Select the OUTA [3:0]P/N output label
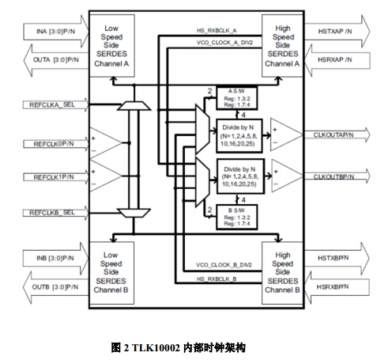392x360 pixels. (54, 60)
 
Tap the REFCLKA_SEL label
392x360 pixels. (52, 104)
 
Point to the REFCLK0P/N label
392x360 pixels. (52, 143)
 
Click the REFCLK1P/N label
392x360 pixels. (52, 177)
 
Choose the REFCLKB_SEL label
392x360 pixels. (52, 213)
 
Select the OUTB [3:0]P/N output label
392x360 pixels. (54, 286)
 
